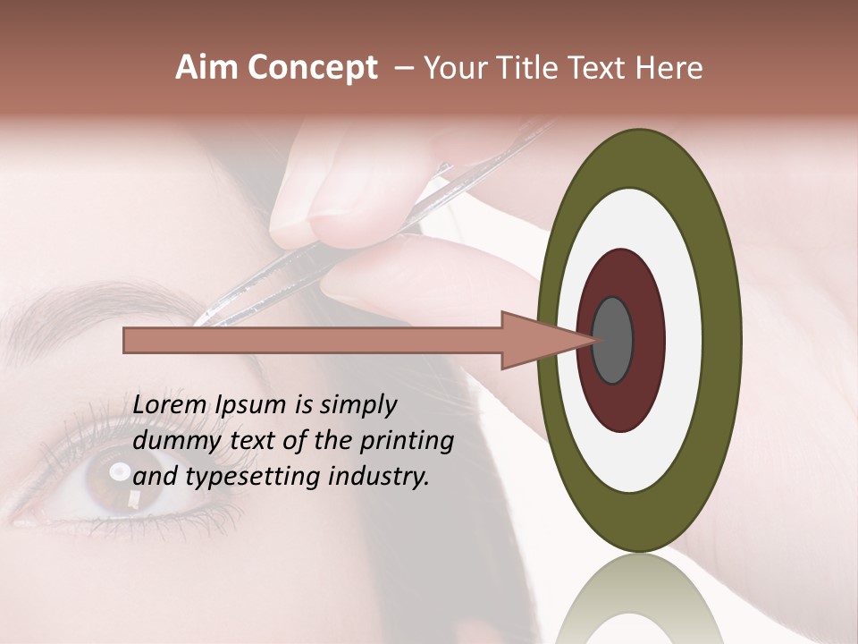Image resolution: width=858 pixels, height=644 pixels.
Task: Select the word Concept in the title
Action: point(312,69)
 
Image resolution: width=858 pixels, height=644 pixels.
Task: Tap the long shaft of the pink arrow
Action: point(313,341)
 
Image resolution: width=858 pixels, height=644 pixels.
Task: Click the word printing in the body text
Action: point(406,442)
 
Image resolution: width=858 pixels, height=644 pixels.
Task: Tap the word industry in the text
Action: point(379,477)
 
